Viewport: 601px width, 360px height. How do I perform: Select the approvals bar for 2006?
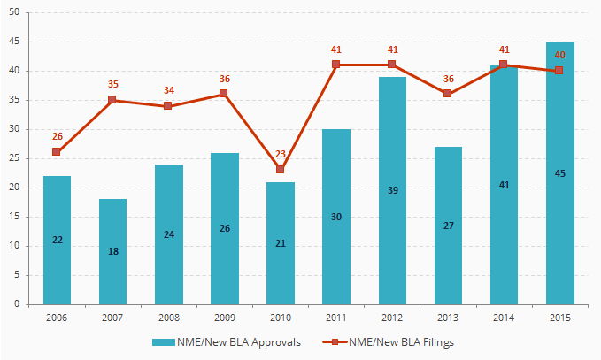57,240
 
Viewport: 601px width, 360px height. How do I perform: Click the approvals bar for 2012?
392,190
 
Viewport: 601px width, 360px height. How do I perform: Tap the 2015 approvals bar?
559,173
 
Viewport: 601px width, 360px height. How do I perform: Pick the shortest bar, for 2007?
112,251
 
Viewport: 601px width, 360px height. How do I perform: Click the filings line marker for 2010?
281,170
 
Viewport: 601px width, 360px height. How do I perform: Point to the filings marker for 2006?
57,152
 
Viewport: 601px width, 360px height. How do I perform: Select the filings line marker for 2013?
448,94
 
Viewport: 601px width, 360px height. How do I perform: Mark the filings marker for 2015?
559,71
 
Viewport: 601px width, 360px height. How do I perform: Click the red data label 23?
281,154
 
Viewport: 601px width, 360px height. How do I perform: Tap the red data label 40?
559,55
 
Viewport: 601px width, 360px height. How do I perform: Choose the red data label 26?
57,136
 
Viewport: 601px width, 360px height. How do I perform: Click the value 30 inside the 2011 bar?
336,217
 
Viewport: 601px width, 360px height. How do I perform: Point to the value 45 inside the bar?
559,173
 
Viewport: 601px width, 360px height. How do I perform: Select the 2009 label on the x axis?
225,317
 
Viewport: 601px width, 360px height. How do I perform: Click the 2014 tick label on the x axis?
504,317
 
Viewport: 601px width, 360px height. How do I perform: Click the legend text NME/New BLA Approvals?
245,341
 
